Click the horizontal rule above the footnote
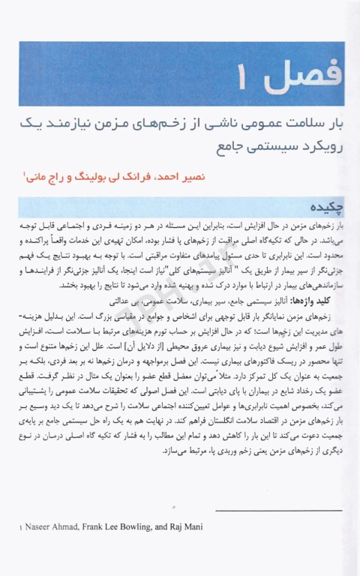[x=277, y=512]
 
